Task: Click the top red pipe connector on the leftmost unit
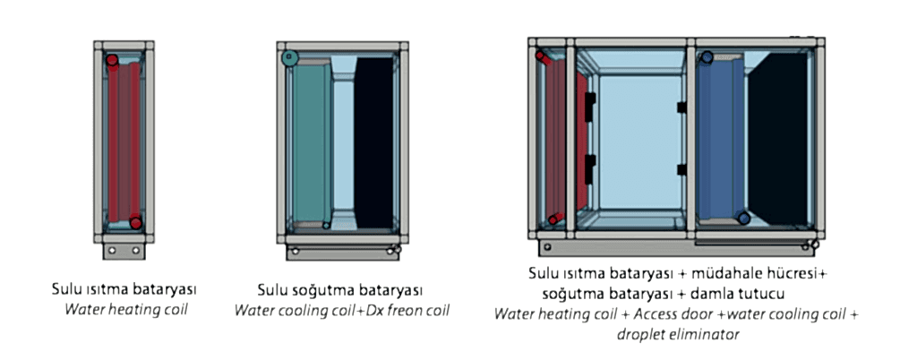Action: coord(113,61)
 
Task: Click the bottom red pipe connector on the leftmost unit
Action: coord(135,223)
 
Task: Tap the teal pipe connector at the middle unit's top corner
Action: coord(287,59)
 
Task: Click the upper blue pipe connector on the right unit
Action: coord(707,57)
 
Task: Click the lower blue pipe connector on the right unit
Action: coord(743,219)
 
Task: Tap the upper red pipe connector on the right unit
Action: coord(541,56)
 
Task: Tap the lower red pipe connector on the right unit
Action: coord(554,218)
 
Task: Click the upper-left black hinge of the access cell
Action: coord(589,106)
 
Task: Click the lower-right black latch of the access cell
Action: coord(681,169)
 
